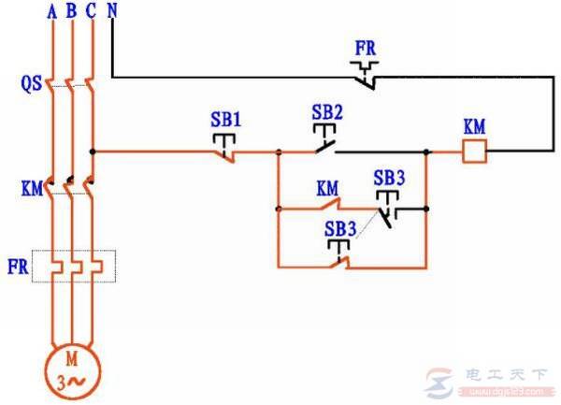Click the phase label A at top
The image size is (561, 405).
[x=51, y=11]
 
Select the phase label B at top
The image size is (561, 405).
[x=71, y=11]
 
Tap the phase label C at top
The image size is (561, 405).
[x=91, y=11]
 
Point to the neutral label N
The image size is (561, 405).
[x=112, y=11]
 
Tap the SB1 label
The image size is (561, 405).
[x=225, y=120]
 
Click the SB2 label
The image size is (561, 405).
[x=327, y=110]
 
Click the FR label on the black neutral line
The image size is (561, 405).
[x=366, y=46]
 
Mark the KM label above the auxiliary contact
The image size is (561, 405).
[x=326, y=187]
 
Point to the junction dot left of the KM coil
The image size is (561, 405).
[x=426, y=151]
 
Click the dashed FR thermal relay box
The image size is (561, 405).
[x=74, y=266]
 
